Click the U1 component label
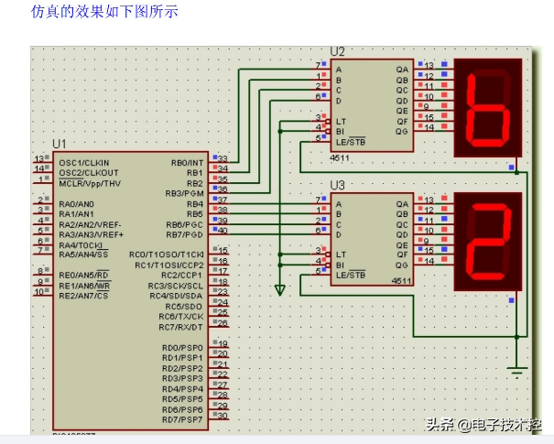pos(60,144)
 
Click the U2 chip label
pos(338,51)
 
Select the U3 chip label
pos(338,186)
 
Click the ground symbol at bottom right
pos(517,370)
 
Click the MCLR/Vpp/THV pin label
pos(90,183)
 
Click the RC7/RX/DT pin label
pos(180,327)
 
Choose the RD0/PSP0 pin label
pos(182,348)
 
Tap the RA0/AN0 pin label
pos(76,204)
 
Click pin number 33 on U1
pos(222,159)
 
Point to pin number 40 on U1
pos(222,231)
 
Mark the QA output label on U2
pos(402,69)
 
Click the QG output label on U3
pos(402,264)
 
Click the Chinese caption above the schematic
pos(105,12)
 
